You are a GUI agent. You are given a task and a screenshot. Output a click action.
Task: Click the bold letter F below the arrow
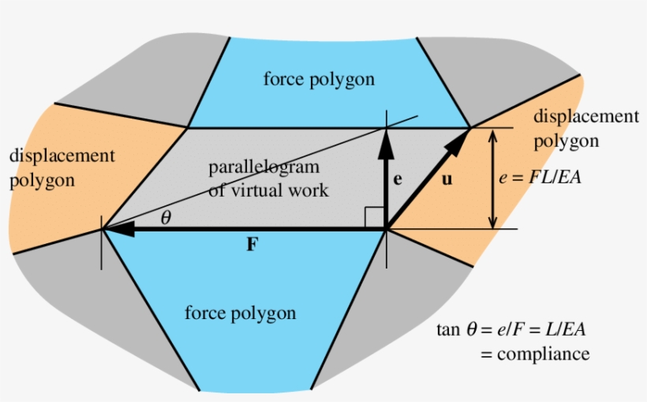[251, 245]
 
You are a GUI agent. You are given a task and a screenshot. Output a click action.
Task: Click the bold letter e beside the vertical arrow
[398, 178]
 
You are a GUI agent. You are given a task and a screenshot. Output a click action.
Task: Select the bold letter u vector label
[447, 179]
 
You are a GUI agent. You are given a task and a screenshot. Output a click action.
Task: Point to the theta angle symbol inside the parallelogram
[165, 219]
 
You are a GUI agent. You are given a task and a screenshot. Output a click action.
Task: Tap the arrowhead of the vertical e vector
[386, 140]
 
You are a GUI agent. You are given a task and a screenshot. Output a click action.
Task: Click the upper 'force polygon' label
[319, 79]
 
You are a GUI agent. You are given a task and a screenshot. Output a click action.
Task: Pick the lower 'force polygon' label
[240, 313]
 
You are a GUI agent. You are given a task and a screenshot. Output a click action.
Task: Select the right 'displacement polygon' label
[584, 129]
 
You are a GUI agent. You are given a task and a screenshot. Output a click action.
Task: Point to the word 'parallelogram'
[264, 167]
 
